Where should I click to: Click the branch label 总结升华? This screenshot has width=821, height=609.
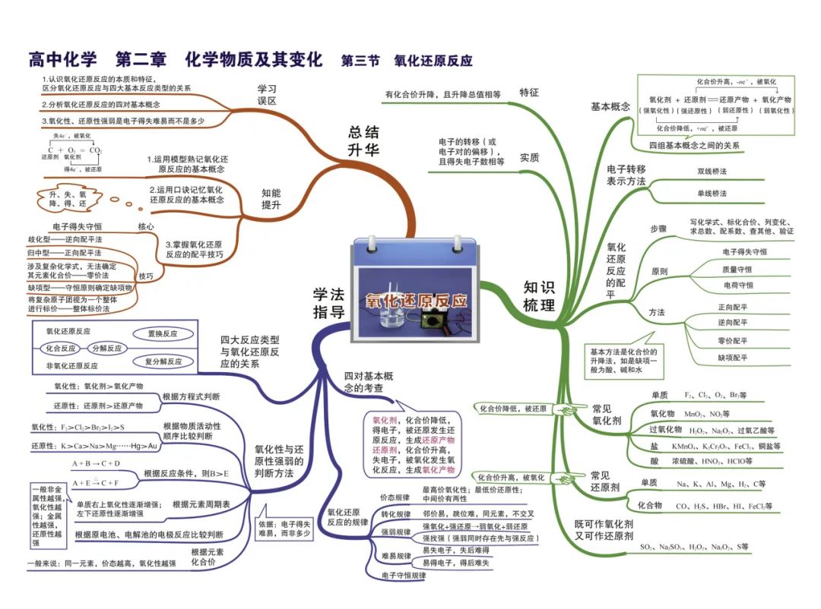coord(363,140)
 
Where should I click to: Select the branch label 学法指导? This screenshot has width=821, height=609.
coord(328,302)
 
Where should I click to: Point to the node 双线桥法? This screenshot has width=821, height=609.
coord(712,172)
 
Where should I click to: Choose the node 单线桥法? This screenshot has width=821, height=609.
coord(712,194)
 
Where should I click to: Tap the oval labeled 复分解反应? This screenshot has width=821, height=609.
coord(163,361)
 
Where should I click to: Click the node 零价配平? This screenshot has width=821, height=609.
coord(732,341)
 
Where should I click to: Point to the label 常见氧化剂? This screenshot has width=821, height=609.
coord(606,414)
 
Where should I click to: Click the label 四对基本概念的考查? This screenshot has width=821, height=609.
coord(368,382)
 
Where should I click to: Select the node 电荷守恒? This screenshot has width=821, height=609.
coord(737,285)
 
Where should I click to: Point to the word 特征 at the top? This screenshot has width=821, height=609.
coord(529,93)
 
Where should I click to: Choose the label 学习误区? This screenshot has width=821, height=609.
coord(266,94)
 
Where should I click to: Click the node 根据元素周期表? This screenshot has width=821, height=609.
coord(201,504)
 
